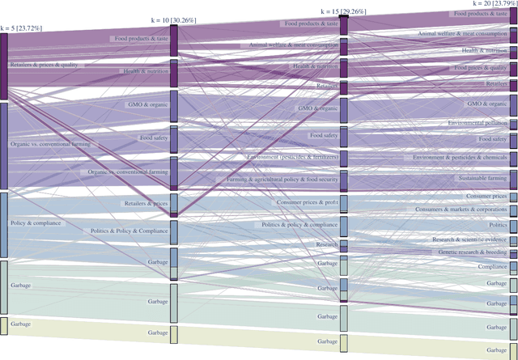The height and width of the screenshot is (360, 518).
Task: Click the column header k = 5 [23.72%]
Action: pos(23,28)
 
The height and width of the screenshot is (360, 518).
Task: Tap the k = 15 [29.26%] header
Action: pos(344,12)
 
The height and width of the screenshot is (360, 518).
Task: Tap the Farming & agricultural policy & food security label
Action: pos(282,180)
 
